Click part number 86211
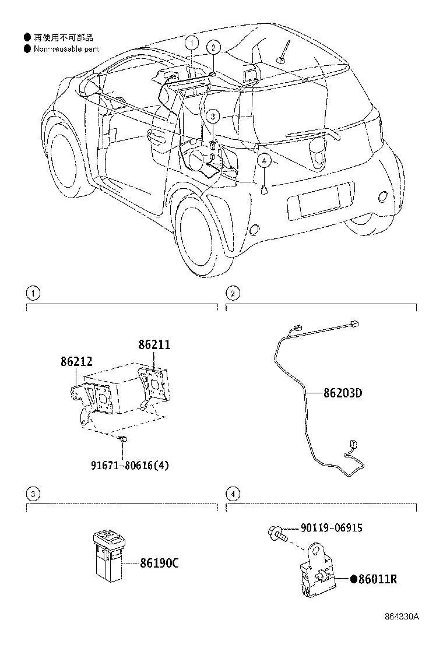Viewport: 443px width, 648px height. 154,345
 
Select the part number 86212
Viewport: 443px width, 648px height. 76,362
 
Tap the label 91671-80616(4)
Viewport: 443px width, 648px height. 130,465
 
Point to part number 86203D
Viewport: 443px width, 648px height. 343,393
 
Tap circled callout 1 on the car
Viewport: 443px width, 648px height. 192,42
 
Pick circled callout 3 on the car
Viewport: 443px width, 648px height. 213,117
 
